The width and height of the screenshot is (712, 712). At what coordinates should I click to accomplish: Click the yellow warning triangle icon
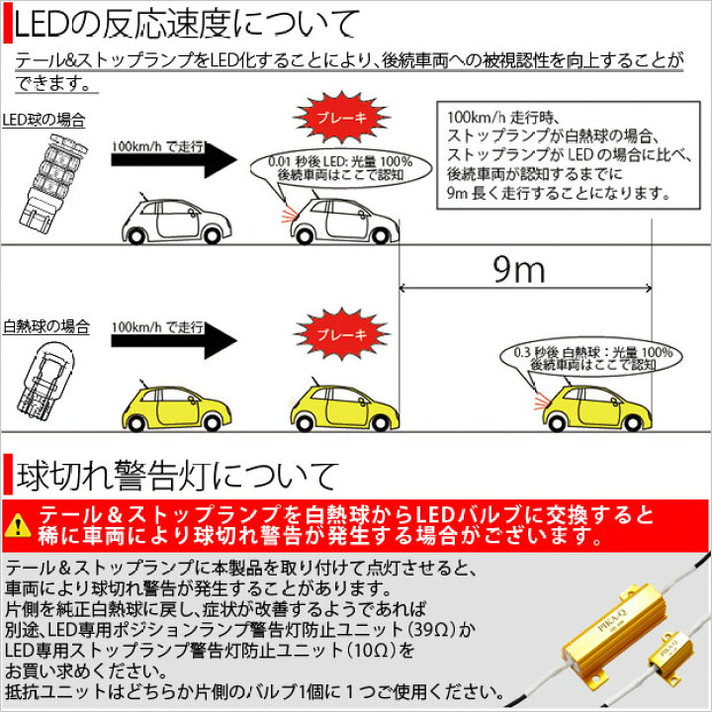pos(17,525)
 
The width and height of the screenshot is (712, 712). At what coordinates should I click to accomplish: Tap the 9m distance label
pos(519,270)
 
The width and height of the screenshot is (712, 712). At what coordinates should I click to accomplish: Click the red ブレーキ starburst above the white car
pos(341,117)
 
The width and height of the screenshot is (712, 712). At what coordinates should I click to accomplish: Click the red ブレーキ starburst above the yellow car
pos(341,334)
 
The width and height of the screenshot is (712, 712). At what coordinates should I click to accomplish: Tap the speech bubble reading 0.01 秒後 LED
pos(340,168)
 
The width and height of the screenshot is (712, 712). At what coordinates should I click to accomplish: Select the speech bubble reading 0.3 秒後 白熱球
pos(590,358)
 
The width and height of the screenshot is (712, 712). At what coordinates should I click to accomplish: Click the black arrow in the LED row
pos(174,159)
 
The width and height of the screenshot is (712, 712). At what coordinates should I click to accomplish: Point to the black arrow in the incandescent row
pos(174,340)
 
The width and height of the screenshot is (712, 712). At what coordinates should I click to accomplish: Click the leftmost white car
pos(177,221)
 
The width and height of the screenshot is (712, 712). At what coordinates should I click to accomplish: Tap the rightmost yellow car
pos(597,407)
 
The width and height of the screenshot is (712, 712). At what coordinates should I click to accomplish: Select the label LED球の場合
pos(44,121)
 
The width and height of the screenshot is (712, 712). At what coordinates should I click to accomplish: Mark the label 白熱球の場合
pos(45,326)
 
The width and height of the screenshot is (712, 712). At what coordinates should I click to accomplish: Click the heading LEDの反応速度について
pos(186,26)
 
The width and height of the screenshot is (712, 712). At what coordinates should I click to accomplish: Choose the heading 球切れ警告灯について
pos(178,476)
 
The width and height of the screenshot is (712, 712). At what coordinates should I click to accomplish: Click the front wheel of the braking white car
pos(379,234)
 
